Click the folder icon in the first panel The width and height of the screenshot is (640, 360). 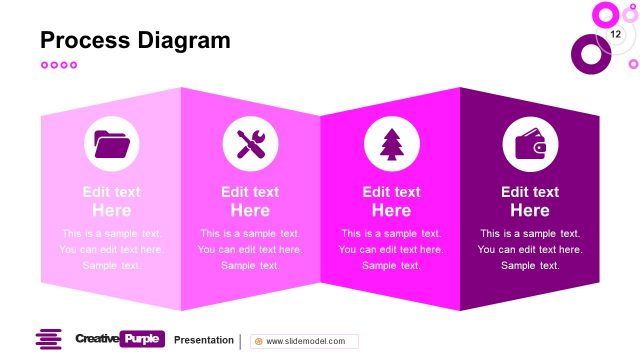coord(111,145)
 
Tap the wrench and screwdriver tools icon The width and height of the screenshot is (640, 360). coord(250,145)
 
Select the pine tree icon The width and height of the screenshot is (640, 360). coord(390,145)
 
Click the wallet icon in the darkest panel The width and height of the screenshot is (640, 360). coord(530,145)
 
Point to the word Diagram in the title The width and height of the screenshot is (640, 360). coord(184,40)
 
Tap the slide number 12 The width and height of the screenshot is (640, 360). coord(615,35)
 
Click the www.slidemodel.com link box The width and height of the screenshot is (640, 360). coord(303,341)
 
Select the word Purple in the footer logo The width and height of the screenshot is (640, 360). coord(141,339)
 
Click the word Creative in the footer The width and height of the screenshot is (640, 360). coord(96,339)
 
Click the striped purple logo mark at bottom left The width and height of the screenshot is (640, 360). coord(49,340)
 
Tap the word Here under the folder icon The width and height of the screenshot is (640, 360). coord(111,210)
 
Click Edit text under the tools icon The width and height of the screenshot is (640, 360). coord(250,192)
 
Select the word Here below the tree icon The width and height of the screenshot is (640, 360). coord(391,210)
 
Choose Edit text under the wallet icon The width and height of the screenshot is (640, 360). coord(530,192)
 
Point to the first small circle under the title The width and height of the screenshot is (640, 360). coord(44,65)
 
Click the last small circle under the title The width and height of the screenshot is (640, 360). coord(73,65)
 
